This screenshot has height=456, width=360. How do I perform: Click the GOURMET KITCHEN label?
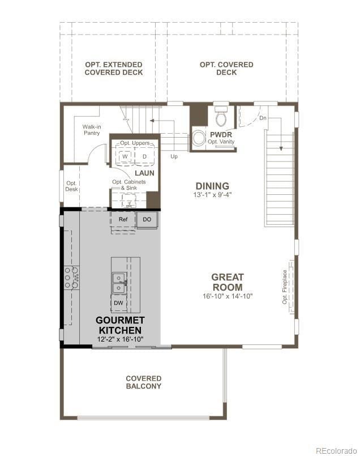[x=120, y=325]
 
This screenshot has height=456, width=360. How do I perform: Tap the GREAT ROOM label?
[x=228, y=282]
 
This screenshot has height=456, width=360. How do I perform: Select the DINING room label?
[x=212, y=186]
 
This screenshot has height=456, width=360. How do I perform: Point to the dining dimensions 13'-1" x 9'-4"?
[x=212, y=195]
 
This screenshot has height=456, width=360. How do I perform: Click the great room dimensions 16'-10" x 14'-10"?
[x=228, y=296]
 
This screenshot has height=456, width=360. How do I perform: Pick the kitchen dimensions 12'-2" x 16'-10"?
[x=120, y=339]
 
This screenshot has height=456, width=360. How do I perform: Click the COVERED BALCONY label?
[x=143, y=382]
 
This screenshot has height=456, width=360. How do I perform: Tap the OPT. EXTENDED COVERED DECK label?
[x=114, y=69]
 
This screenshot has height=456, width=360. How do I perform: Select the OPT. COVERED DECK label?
[x=226, y=69]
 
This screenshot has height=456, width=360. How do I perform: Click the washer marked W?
[x=126, y=156]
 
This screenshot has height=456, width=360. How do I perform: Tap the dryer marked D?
[x=144, y=156]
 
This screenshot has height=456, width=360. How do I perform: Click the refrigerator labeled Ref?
[x=123, y=219]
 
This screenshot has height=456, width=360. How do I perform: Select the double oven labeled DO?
[x=147, y=219]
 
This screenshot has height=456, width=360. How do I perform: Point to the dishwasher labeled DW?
[x=118, y=303]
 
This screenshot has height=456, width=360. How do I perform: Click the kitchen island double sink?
[x=118, y=283]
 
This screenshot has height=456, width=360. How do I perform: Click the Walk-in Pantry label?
[x=91, y=130]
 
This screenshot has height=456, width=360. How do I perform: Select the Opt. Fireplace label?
[x=285, y=287]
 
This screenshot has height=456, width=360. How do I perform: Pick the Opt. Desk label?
[x=71, y=186]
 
